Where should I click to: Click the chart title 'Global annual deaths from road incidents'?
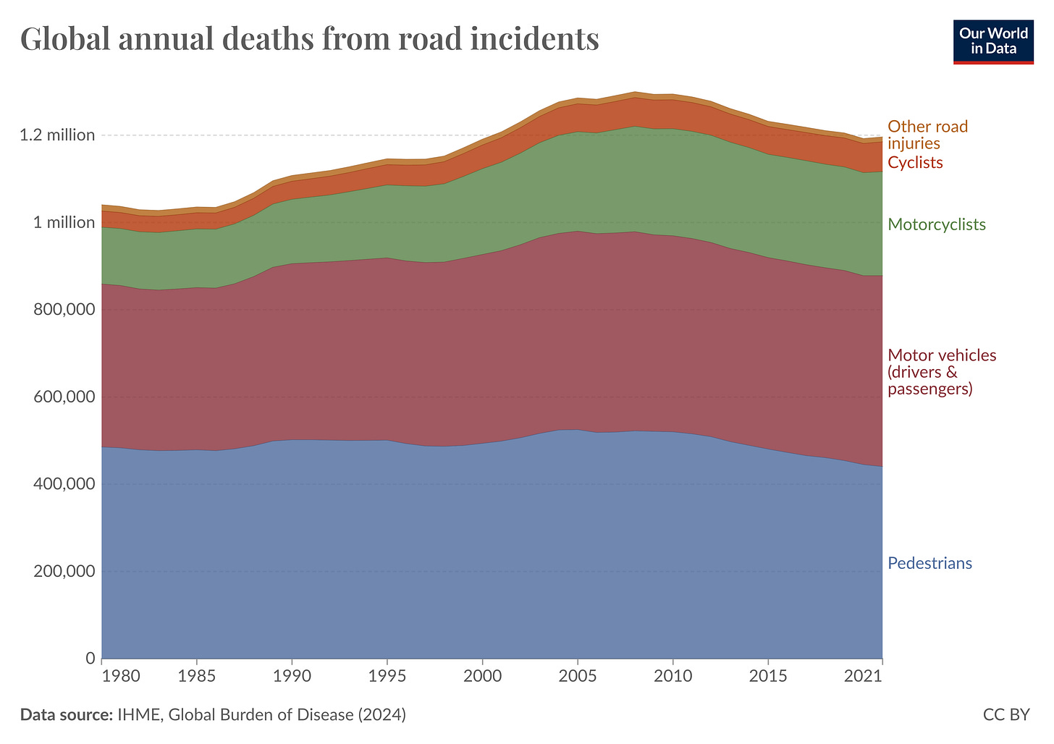tap(310, 38)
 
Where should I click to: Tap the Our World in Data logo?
tap(992, 41)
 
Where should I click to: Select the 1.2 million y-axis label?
tap(57, 135)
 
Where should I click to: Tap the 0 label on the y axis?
tap(90, 659)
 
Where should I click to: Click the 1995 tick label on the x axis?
tap(387, 677)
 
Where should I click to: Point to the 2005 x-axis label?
tap(578, 677)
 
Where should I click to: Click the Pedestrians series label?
tap(929, 564)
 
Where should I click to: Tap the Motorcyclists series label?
tap(937, 224)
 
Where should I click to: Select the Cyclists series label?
tap(915, 163)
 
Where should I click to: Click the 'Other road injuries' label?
tap(927, 135)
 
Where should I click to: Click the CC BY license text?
tap(1005, 715)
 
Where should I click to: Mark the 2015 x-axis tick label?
tap(768, 677)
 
